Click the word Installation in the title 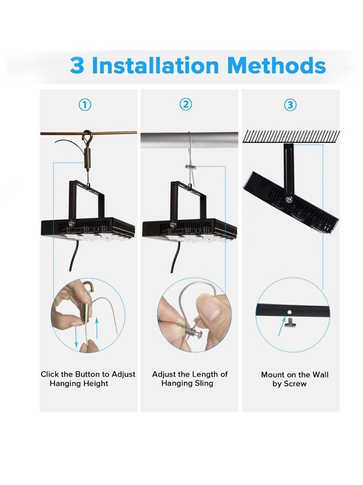tap(155, 65)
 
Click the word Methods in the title tap(276, 65)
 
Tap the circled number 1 tap(85, 105)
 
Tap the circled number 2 tap(186, 105)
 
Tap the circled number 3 tap(290, 105)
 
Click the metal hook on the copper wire tap(87, 136)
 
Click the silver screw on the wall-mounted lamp tap(289, 199)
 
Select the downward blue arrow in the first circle tap(76, 337)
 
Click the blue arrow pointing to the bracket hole tap(282, 326)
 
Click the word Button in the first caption tap(87, 374)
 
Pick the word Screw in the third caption tap(295, 384)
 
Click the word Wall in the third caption tap(320, 375)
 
